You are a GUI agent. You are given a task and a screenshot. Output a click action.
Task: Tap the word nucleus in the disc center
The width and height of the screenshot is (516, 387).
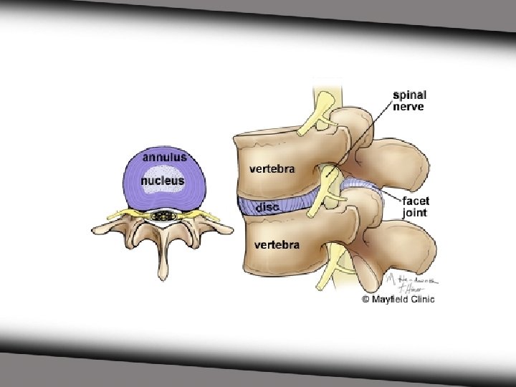[162, 181]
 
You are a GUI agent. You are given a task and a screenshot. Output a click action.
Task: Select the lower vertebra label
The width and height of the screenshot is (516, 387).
[277, 245]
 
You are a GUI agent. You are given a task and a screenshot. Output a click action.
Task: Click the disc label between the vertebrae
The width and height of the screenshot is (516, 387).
[269, 207]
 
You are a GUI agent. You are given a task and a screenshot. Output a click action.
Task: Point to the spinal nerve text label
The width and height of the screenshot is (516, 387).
[408, 100]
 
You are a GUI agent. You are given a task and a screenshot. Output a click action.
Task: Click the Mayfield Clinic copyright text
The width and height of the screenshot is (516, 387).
[398, 299]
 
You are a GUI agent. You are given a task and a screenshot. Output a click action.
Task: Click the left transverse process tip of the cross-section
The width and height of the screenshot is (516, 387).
[97, 230]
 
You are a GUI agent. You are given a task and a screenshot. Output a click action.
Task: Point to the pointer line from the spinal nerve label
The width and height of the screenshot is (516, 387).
[365, 136]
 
